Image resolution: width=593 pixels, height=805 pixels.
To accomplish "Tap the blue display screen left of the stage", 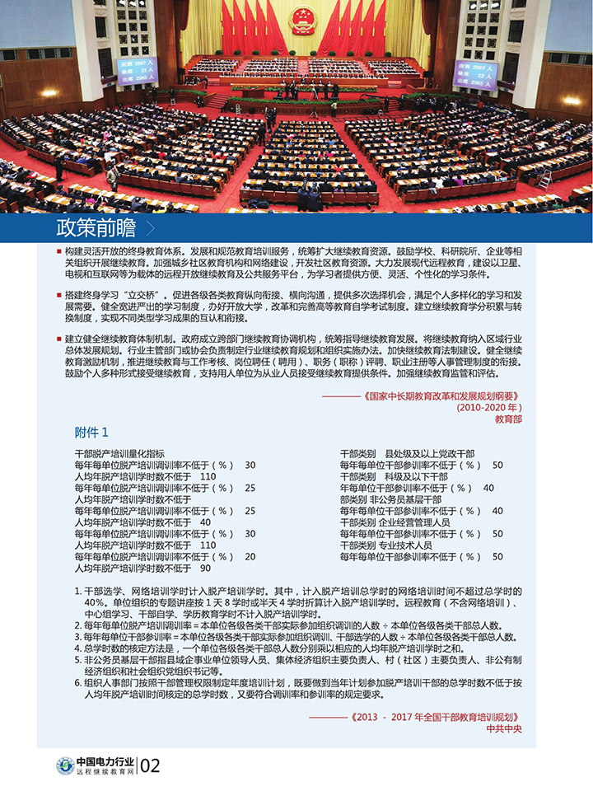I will pos(137,71).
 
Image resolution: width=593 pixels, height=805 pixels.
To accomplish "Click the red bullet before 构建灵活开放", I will pos(59,250).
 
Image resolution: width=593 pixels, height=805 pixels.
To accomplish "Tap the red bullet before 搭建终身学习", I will pos(59,294).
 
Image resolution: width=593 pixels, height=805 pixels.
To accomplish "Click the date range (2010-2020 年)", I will pos(490,407).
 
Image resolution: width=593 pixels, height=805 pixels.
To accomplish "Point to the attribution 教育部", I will pos(508,419).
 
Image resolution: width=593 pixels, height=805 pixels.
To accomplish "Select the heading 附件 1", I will pos(91,433).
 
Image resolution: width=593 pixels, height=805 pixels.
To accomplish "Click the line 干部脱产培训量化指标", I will pos(119,453).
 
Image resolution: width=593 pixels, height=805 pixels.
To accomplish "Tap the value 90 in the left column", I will pos(205,569).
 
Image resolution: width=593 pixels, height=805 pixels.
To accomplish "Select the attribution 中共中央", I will pos(504,728).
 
